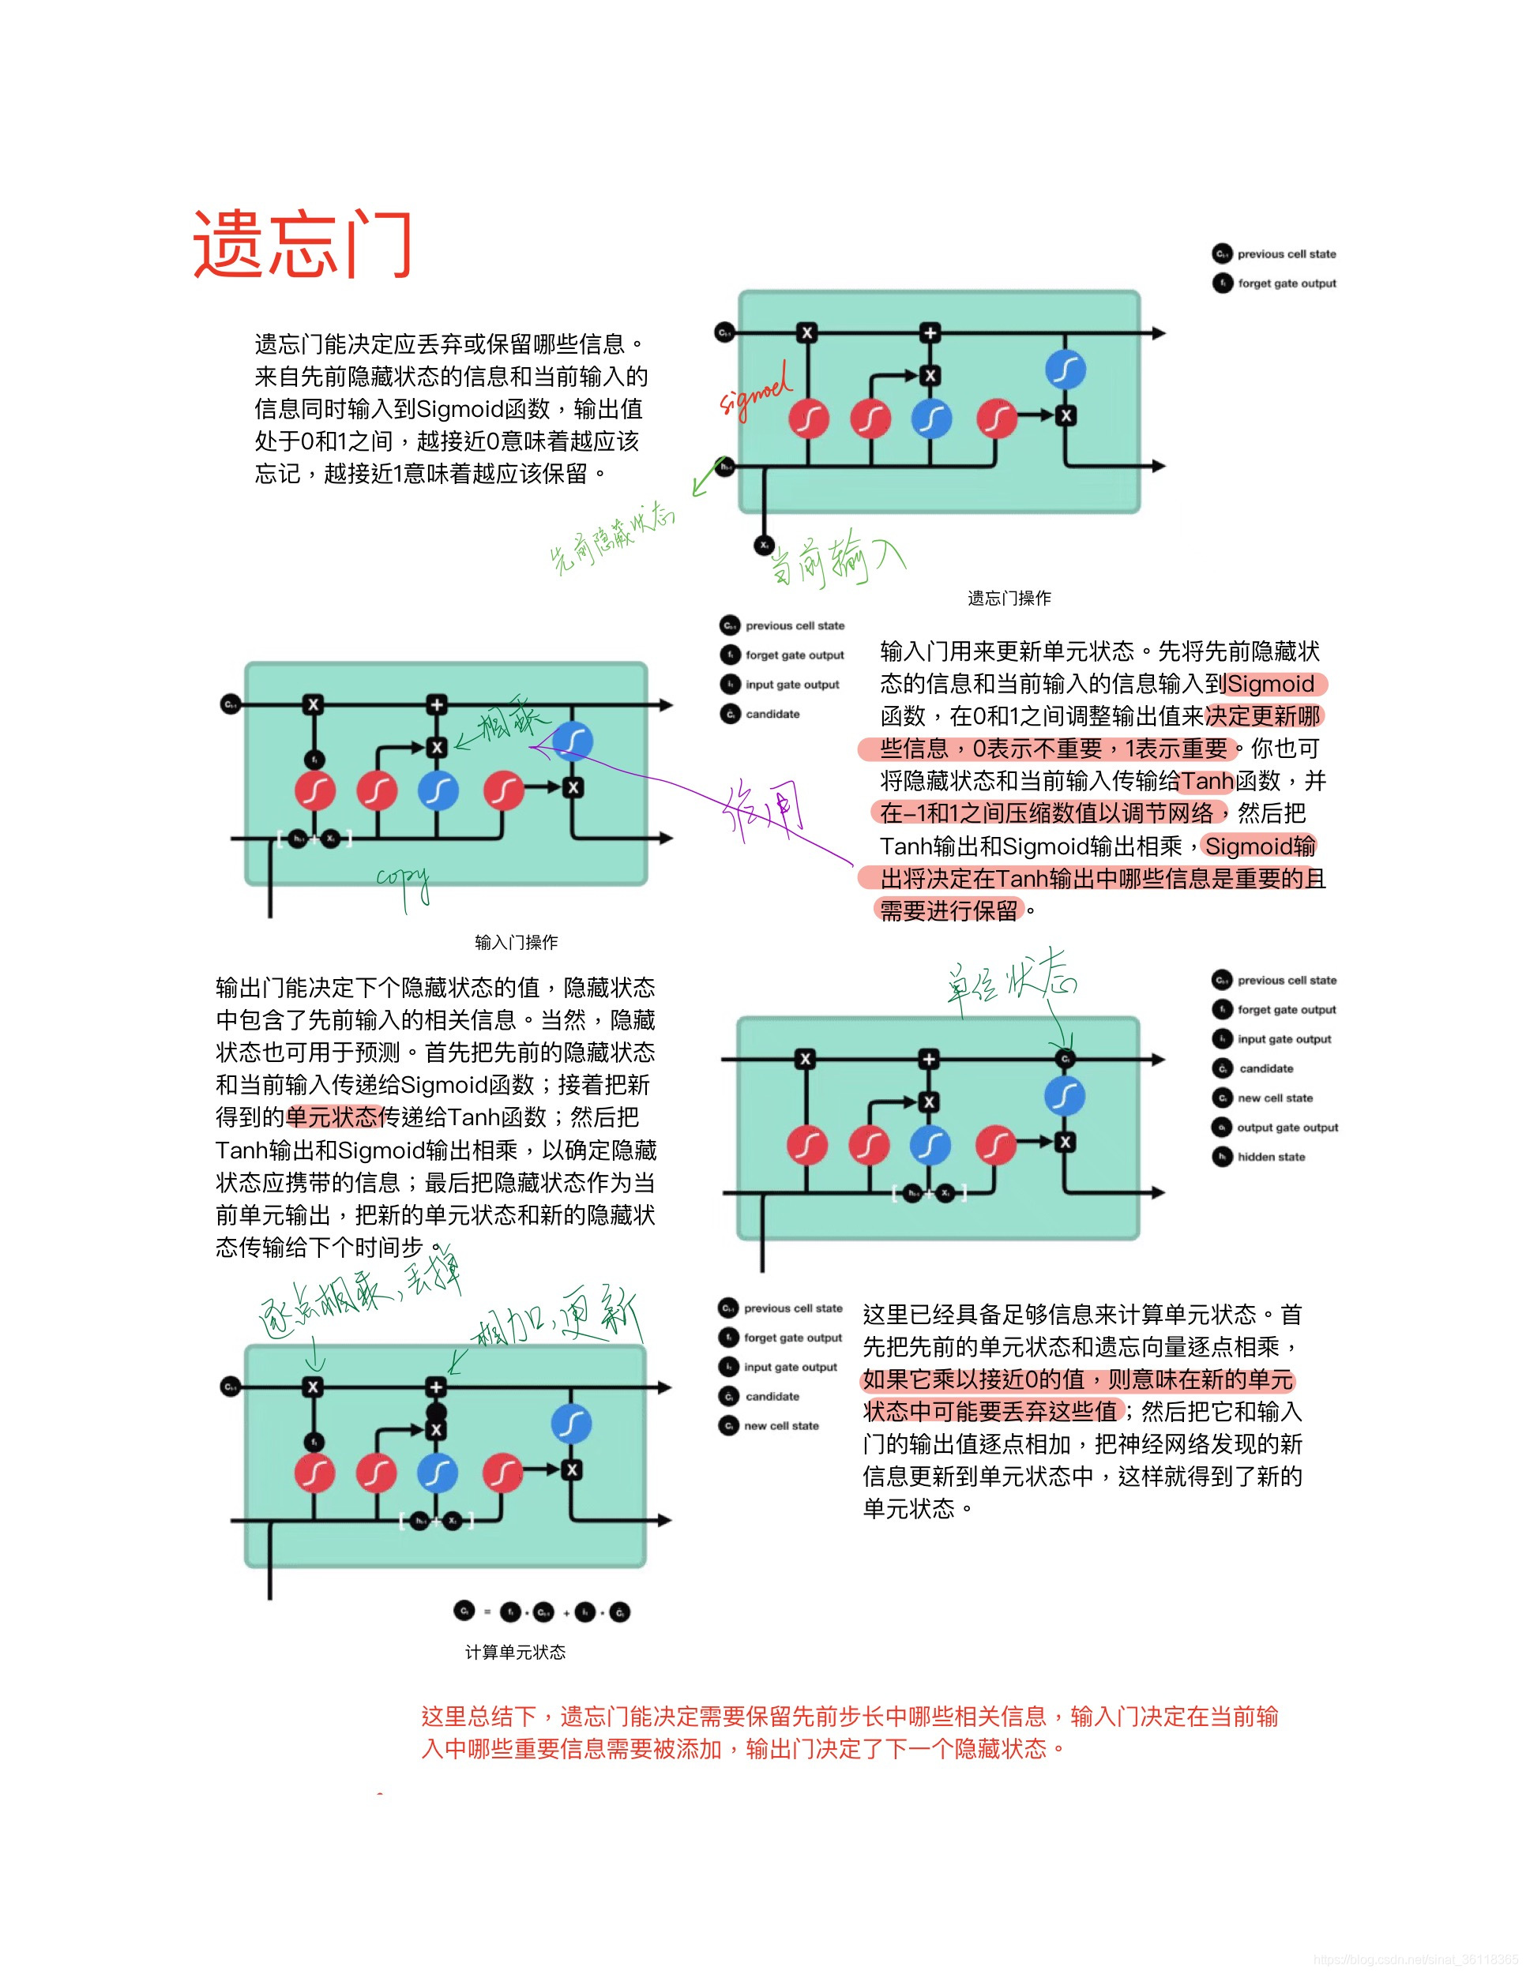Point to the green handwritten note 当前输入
pos(836,557)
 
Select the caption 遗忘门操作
pos(1009,598)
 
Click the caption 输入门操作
pos(517,942)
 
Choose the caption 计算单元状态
pos(515,1651)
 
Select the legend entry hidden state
pos(1270,1156)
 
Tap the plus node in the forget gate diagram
pos(930,332)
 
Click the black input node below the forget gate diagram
pos(764,545)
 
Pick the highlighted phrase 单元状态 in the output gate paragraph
pos(331,1117)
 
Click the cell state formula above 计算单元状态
pos(542,1612)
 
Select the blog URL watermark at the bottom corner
pos(1415,1960)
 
